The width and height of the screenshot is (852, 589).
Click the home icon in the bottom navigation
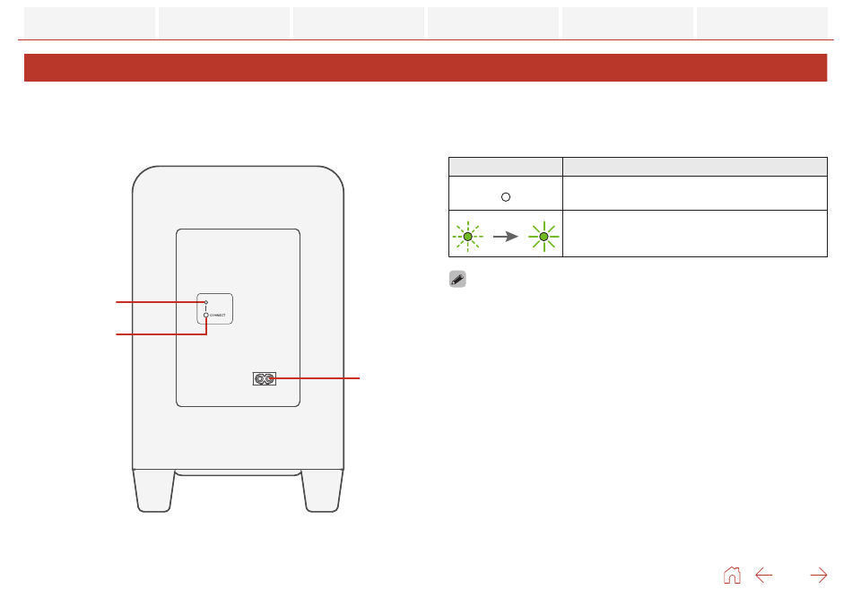[x=732, y=575]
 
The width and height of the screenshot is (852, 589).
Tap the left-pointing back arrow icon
[x=764, y=575]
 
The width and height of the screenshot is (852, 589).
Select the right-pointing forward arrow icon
[x=818, y=575]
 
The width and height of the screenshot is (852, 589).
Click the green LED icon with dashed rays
[x=467, y=237]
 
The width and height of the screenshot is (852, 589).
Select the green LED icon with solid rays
[x=543, y=237]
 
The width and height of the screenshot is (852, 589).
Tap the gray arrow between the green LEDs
[x=506, y=237]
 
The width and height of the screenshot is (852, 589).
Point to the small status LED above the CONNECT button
[x=206, y=303]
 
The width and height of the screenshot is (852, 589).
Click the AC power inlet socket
[x=265, y=379]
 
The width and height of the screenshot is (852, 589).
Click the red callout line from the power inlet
[x=318, y=379]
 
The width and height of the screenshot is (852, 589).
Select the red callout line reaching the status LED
[x=157, y=303]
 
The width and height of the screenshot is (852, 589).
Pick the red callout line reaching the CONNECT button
[x=157, y=334]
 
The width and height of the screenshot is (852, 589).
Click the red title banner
[x=425, y=68]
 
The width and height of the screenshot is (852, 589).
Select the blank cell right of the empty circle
[x=694, y=194]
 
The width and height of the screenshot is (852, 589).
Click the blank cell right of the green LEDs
[x=694, y=234]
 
